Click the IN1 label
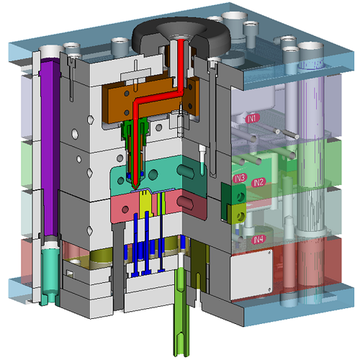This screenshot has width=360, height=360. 253,118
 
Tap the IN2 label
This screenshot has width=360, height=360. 258,182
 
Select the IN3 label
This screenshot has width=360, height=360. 240,178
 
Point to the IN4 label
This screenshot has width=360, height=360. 258,239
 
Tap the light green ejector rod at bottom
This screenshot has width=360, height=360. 181,312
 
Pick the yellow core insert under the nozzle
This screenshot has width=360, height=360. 145,204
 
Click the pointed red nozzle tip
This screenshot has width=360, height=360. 135,186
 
